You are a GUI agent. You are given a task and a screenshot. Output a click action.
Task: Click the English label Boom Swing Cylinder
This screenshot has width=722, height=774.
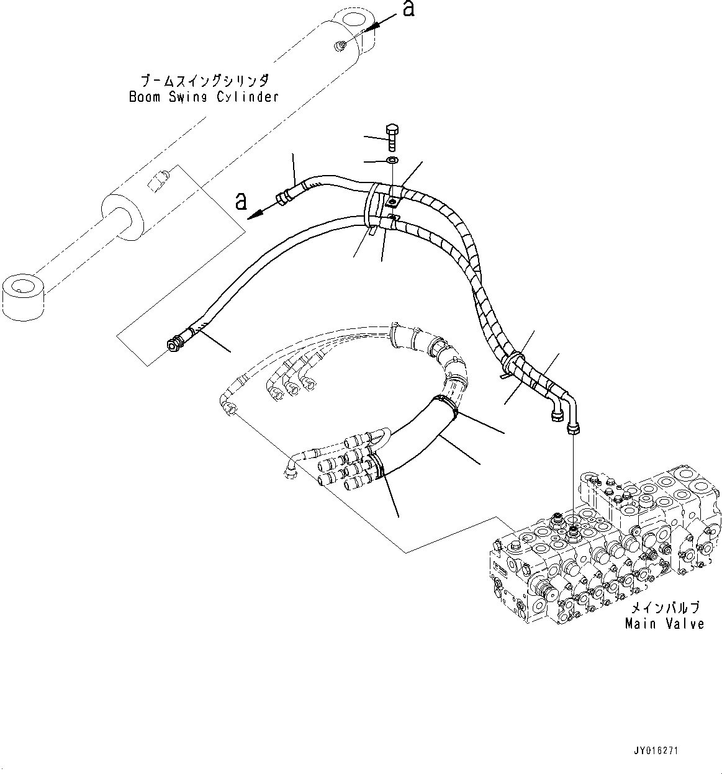pyautogui.click(x=203, y=97)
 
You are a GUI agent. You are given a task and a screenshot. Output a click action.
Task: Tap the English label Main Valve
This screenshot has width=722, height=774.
pyautogui.click(x=664, y=623)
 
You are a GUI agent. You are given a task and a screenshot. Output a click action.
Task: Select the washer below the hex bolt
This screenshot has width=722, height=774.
pyautogui.click(x=392, y=161)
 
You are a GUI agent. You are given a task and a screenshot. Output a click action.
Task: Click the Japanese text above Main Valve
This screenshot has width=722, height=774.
pyautogui.click(x=664, y=608)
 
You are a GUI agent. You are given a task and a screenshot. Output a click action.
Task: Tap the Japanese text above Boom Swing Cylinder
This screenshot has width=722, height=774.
pyautogui.click(x=204, y=81)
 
